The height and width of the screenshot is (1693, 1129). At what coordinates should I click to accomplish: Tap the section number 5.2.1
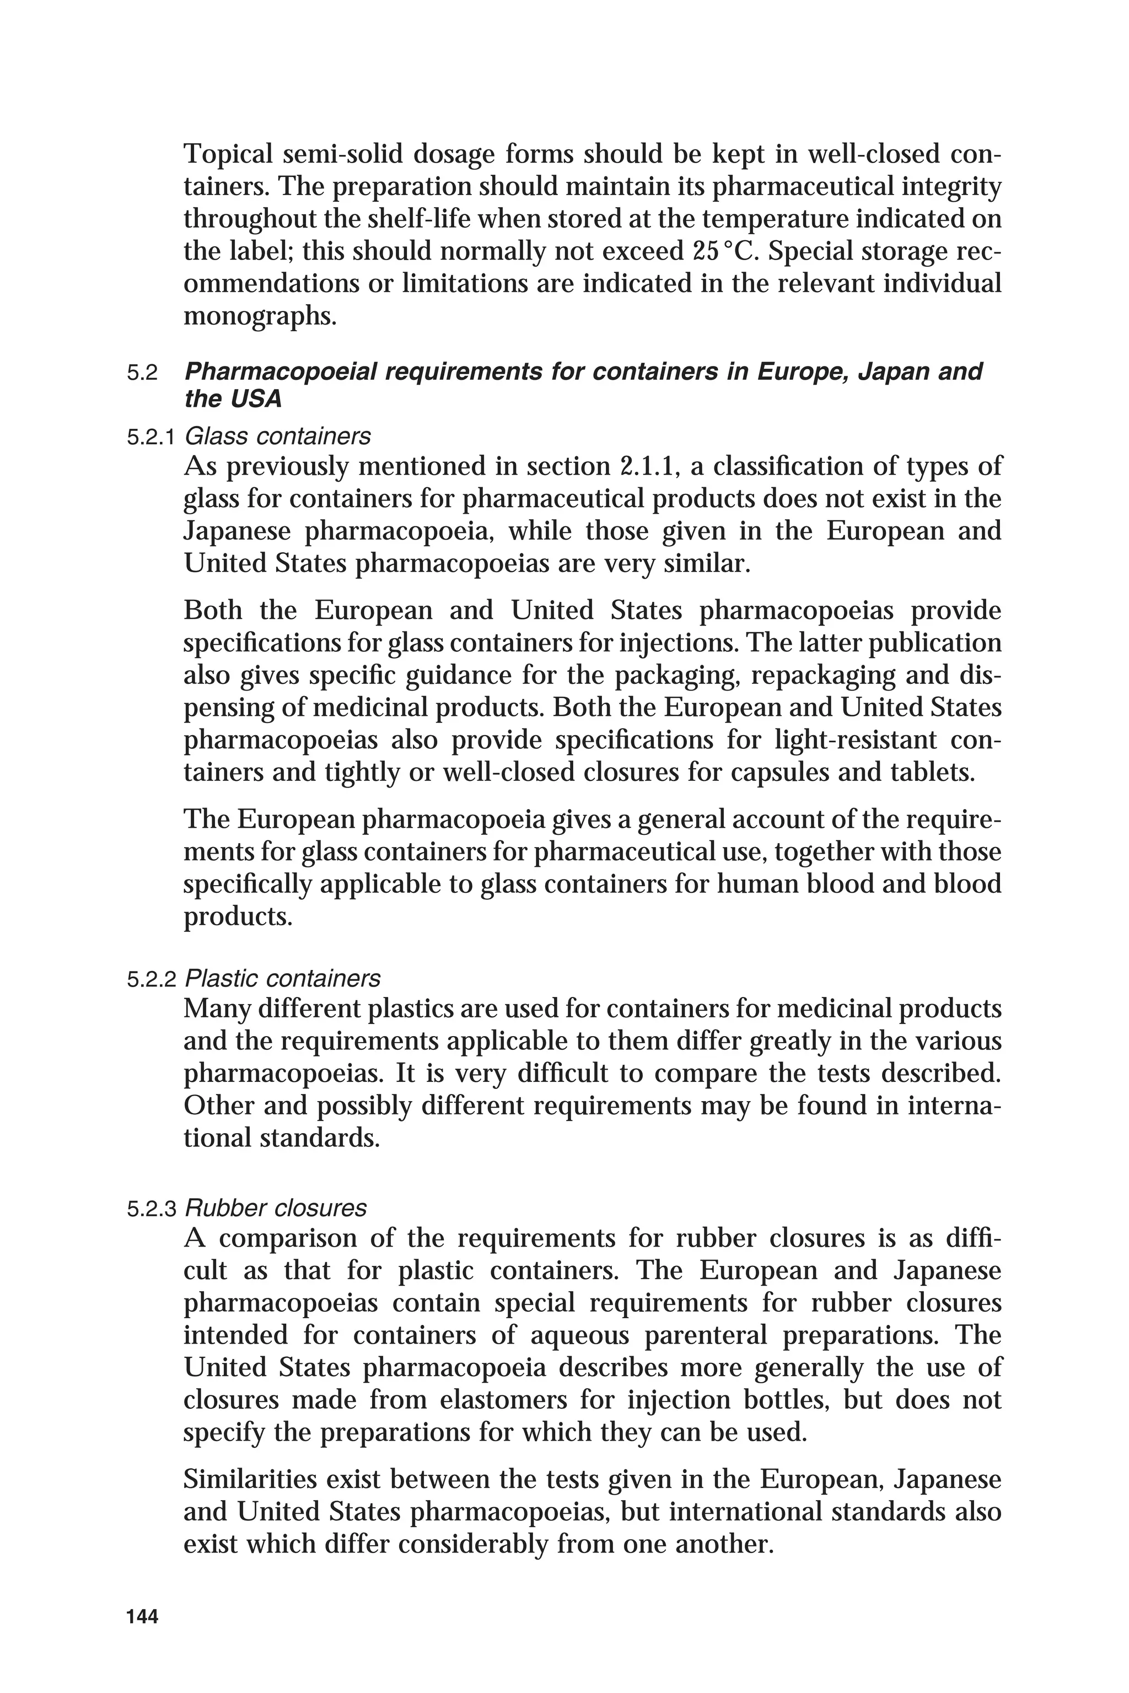tap(151, 438)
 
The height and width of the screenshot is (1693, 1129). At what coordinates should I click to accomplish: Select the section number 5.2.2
tap(151, 980)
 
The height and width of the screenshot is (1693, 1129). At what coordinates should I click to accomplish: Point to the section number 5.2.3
tap(151, 1209)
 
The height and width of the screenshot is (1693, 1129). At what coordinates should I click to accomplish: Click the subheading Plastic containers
tap(282, 979)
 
